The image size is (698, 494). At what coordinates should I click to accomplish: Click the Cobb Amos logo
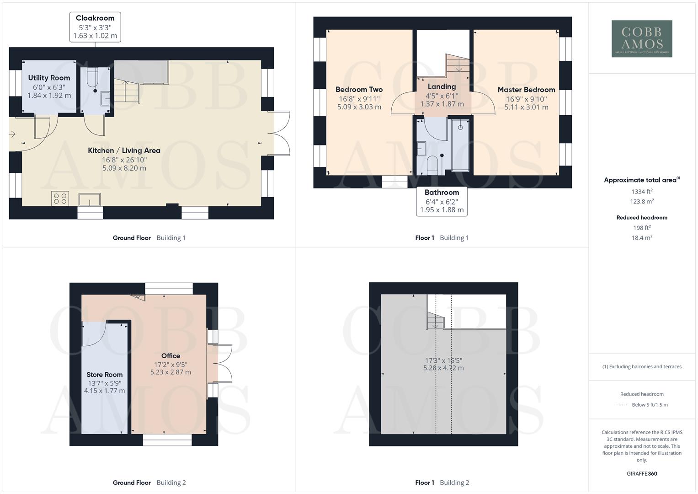coord(642,39)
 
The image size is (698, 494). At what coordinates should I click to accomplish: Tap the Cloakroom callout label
coord(95,27)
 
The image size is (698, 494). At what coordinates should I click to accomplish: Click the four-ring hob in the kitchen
coord(60,199)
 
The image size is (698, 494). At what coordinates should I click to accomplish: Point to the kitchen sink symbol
coord(90,200)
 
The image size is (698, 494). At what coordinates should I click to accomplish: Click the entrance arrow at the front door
coord(12,134)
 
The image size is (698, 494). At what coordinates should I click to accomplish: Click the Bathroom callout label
coord(442,201)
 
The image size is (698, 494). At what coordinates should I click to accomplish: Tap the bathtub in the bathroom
coord(460,145)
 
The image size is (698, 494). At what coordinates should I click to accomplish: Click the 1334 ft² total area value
coord(642,192)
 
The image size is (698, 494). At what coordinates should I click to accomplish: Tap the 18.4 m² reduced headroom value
coord(642,238)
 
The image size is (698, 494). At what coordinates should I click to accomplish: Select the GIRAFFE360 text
coord(642,474)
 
